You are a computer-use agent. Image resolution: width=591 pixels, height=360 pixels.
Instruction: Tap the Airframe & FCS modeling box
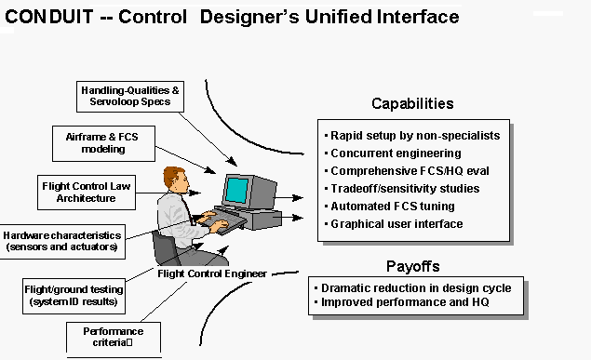pos(101,140)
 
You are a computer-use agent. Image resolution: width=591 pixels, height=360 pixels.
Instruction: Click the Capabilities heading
pos(412,103)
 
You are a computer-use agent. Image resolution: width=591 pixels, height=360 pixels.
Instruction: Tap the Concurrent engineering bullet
pos(396,153)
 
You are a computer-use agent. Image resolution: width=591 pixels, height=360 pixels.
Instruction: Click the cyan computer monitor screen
pos(236,190)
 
